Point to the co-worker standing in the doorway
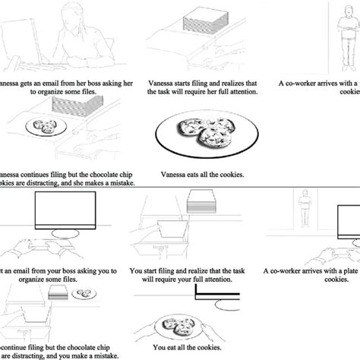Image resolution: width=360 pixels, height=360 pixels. coord(305,213)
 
